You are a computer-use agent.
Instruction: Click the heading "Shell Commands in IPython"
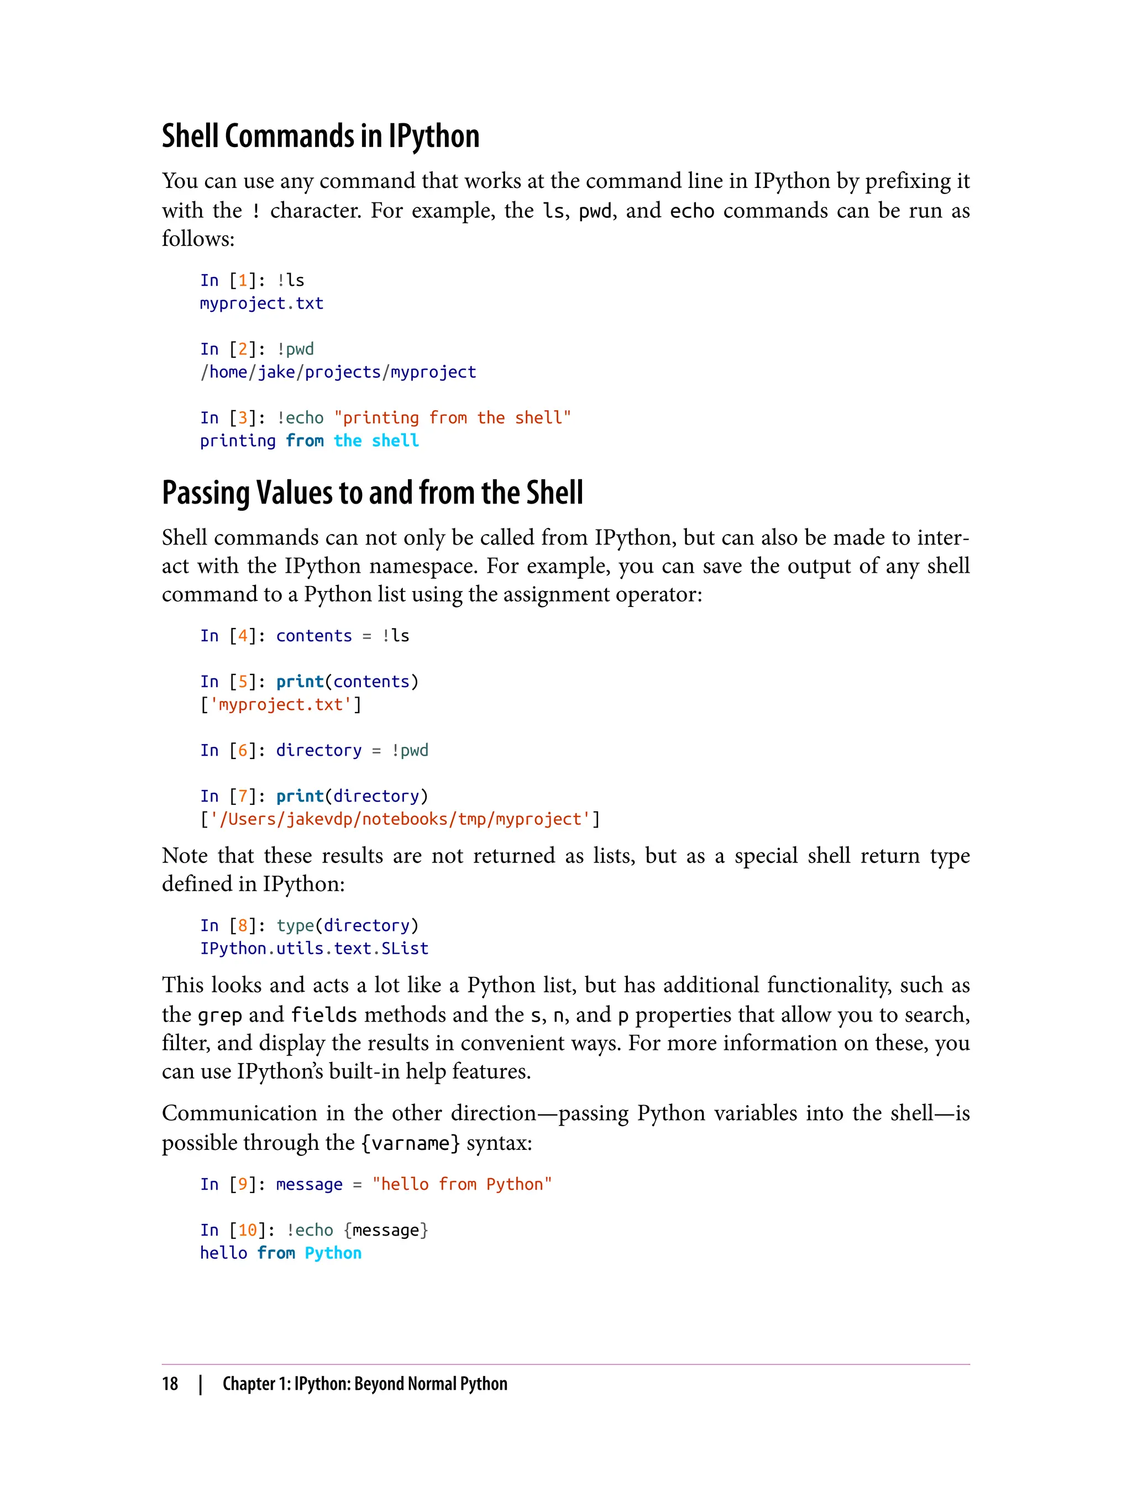(320, 136)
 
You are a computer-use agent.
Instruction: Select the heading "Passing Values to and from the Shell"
(372, 493)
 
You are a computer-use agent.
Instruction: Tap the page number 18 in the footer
(170, 1384)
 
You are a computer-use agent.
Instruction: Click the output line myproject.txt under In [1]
(261, 304)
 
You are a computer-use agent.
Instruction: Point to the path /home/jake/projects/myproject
(338, 372)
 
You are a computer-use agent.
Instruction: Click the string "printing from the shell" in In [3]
(452, 418)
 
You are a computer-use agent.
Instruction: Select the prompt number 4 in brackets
(243, 636)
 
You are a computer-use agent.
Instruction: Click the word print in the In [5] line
(300, 682)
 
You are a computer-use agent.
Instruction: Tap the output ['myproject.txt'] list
(280, 705)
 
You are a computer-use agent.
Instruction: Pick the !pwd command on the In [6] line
(410, 751)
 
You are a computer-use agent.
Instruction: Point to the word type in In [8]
(295, 926)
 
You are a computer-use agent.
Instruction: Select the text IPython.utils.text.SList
(314, 949)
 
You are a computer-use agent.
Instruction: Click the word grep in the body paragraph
(219, 1015)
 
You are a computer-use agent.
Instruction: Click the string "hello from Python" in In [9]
(462, 1185)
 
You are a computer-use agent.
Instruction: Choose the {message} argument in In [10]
(385, 1231)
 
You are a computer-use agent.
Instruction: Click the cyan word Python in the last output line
(333, 1253)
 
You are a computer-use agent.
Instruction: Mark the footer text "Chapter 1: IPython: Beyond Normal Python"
(365, 1384)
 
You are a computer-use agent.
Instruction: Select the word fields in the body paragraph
(323, 1015)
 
